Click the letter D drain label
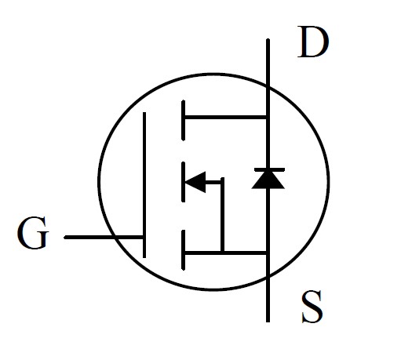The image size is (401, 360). click(313, 42)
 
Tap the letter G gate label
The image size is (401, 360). click(33, 232)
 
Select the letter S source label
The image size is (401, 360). click(312, 307)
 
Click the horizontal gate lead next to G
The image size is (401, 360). click(104, 238)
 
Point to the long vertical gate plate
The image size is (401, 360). click(144, 185)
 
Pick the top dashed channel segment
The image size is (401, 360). click(184, 120)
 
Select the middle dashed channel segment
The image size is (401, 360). click(184, 182)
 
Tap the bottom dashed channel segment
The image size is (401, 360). click(184, 249)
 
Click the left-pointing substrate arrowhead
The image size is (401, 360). click(195, 182)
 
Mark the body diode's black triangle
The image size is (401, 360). click(268, 180)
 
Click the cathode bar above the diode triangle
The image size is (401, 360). click(270, 170)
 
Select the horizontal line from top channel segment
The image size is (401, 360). click(225, 117)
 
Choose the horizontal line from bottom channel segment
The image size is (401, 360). click(225, 253)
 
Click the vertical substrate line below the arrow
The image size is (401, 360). click(223, 214)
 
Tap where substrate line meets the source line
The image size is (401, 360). click(223, 253)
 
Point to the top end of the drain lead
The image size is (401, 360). click(268, 40)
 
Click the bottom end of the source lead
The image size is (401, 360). click(268, 322)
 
